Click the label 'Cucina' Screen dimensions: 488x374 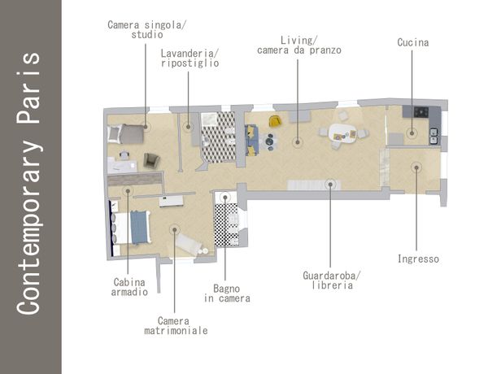coord(413,42)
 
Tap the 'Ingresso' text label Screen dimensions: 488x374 coord(418,259)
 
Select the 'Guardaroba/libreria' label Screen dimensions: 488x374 coord(332,280)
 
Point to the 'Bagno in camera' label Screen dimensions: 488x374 coord(227,294)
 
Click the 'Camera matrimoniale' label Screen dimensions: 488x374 coord(176,325)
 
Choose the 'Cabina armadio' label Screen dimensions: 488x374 coord(129,287)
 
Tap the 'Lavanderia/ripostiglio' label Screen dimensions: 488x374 coord(190,59)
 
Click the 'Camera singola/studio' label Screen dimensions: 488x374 coord(147,29)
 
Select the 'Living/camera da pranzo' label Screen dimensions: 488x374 coord(299,45)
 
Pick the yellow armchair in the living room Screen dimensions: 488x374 coord(275,120)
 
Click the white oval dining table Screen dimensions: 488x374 coord(342,133)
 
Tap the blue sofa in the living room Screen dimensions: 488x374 coord(251,140)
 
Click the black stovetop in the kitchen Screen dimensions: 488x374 coord(421,111)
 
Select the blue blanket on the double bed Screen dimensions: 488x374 coord(139,227)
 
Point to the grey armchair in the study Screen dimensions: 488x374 coord(151,160)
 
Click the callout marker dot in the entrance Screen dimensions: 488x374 coord(416,167)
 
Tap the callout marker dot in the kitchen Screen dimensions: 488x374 coord(412,133)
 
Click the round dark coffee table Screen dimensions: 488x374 coord(269,141)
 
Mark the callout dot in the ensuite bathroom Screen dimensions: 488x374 coord(225,198)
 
